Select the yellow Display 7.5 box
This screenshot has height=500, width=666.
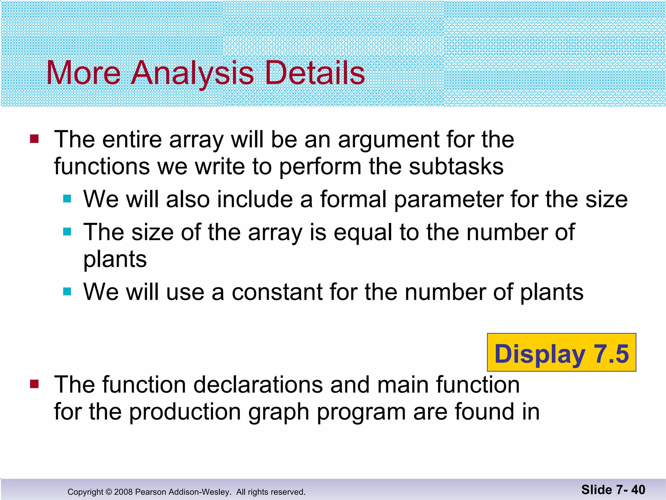point(561,353)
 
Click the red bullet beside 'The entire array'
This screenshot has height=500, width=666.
point(34,139)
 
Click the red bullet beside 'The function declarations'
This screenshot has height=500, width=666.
point(34,384)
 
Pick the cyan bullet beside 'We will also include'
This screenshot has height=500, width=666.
point(67,199)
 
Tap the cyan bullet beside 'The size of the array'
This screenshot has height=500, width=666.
point(67,232)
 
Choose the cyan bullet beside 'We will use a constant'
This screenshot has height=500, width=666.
point(67,291)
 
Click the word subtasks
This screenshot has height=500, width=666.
point(456,167)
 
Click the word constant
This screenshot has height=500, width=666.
point(277,292)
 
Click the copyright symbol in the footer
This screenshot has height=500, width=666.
point(109,492)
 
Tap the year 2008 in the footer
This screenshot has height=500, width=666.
point(123,492)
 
